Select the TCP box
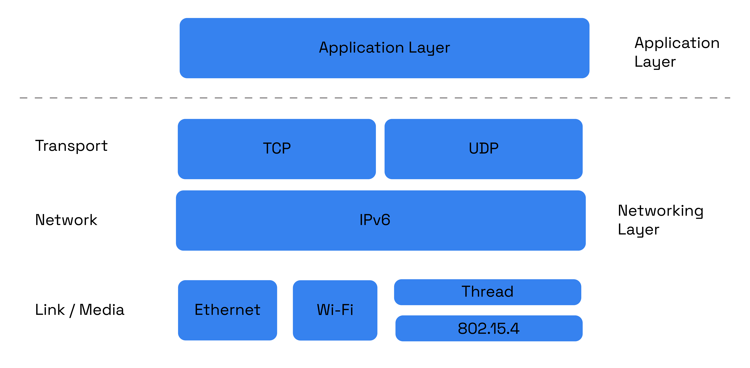click(x=277, y=163)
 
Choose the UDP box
click(x=483, y=163)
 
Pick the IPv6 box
click(x=381, y=236)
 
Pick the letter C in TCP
click(x=277, y=148)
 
